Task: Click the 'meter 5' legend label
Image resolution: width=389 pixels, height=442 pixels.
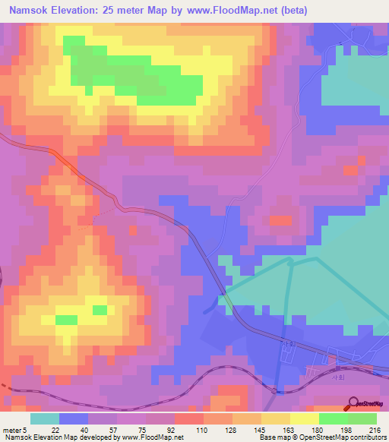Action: [x=14, y=429]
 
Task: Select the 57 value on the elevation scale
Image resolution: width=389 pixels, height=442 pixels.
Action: [x=103, y=429]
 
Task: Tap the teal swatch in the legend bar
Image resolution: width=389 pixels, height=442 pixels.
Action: [x=45, y=418]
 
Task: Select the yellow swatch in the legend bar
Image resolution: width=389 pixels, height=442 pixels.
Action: [x=305, y=418]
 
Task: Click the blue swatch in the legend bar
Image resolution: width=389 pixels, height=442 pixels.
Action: [x=74, y=418]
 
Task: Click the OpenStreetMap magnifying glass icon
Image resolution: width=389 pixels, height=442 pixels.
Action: [x=353, y=403]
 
